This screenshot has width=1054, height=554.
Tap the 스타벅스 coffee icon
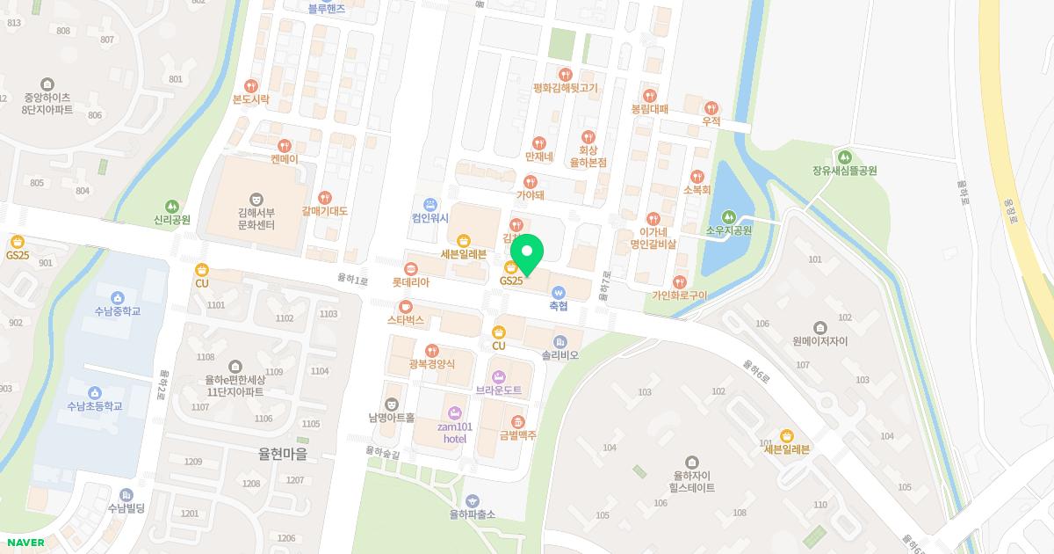(406, 306)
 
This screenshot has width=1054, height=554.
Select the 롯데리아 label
(410, 283)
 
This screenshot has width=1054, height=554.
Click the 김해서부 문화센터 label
(256, 219)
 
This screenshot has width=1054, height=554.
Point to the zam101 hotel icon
(454, 412)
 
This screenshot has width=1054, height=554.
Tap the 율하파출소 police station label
(473, 514)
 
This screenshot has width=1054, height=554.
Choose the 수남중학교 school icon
(118, 296)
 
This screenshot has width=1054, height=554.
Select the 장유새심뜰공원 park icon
(845, 156)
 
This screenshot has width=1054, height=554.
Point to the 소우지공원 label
(729, 231)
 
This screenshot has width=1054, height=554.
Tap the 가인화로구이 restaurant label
(679, 295)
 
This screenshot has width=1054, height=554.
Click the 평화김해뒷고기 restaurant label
(565, 88)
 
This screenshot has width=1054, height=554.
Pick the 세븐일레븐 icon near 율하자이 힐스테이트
(786, 434)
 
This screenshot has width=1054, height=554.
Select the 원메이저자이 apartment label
(819, 340)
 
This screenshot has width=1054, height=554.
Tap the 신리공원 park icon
(172, 205)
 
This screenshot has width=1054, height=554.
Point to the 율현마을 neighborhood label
(283, 455)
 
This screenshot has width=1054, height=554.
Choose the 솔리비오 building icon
(559, 341)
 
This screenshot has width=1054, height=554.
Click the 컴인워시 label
(430, 218)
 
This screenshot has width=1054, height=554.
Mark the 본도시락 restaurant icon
(251, 85)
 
